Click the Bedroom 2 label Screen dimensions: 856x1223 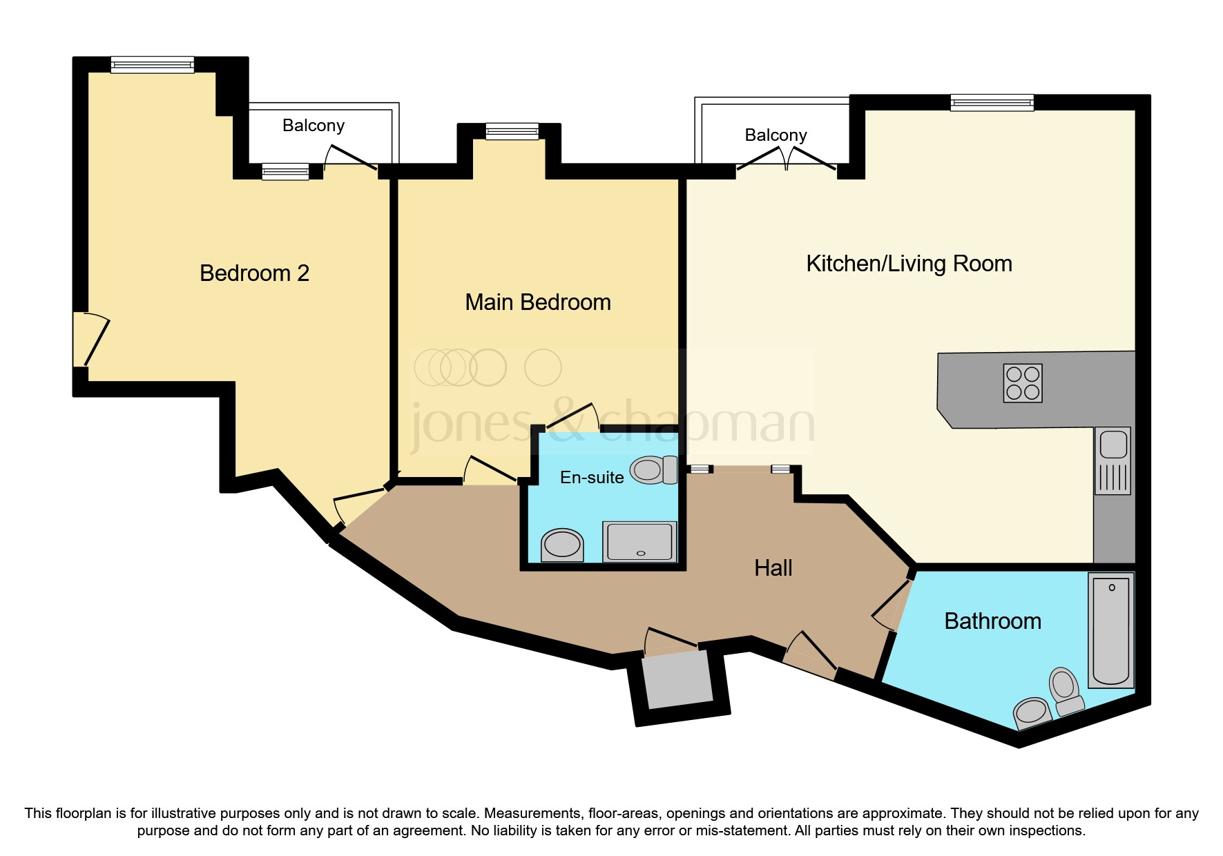[x=254, y=273]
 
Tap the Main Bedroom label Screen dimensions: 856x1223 [x=537, y=302]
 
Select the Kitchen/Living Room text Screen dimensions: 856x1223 [x=909, y=264]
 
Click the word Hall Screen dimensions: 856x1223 [x=773, y=568]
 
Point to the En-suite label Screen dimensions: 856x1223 [x=592, y=478]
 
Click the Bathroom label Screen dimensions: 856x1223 [x=992, y=621]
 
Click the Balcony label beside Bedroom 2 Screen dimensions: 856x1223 [x=313, y=126]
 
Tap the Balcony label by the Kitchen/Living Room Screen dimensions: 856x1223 [x=776, y=135]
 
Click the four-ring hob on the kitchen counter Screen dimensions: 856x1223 [x=1023, y=383]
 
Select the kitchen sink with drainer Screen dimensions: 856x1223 [x=1113, y=460]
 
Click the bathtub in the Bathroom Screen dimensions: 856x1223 [x=1110, y=630]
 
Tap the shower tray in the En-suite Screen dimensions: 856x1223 [x=639, y=541]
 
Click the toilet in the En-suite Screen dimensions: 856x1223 [x=653, y=469]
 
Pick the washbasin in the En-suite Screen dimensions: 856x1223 [x=562, y=545]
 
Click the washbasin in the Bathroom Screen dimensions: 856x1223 [x=1032, y=711]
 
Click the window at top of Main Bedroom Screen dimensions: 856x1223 [x=512, y=131]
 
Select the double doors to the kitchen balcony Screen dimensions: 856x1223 [x=787, y=159]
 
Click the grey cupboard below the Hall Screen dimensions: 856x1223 [x=677, y=680]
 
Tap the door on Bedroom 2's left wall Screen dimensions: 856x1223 [x=90, y=340]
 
